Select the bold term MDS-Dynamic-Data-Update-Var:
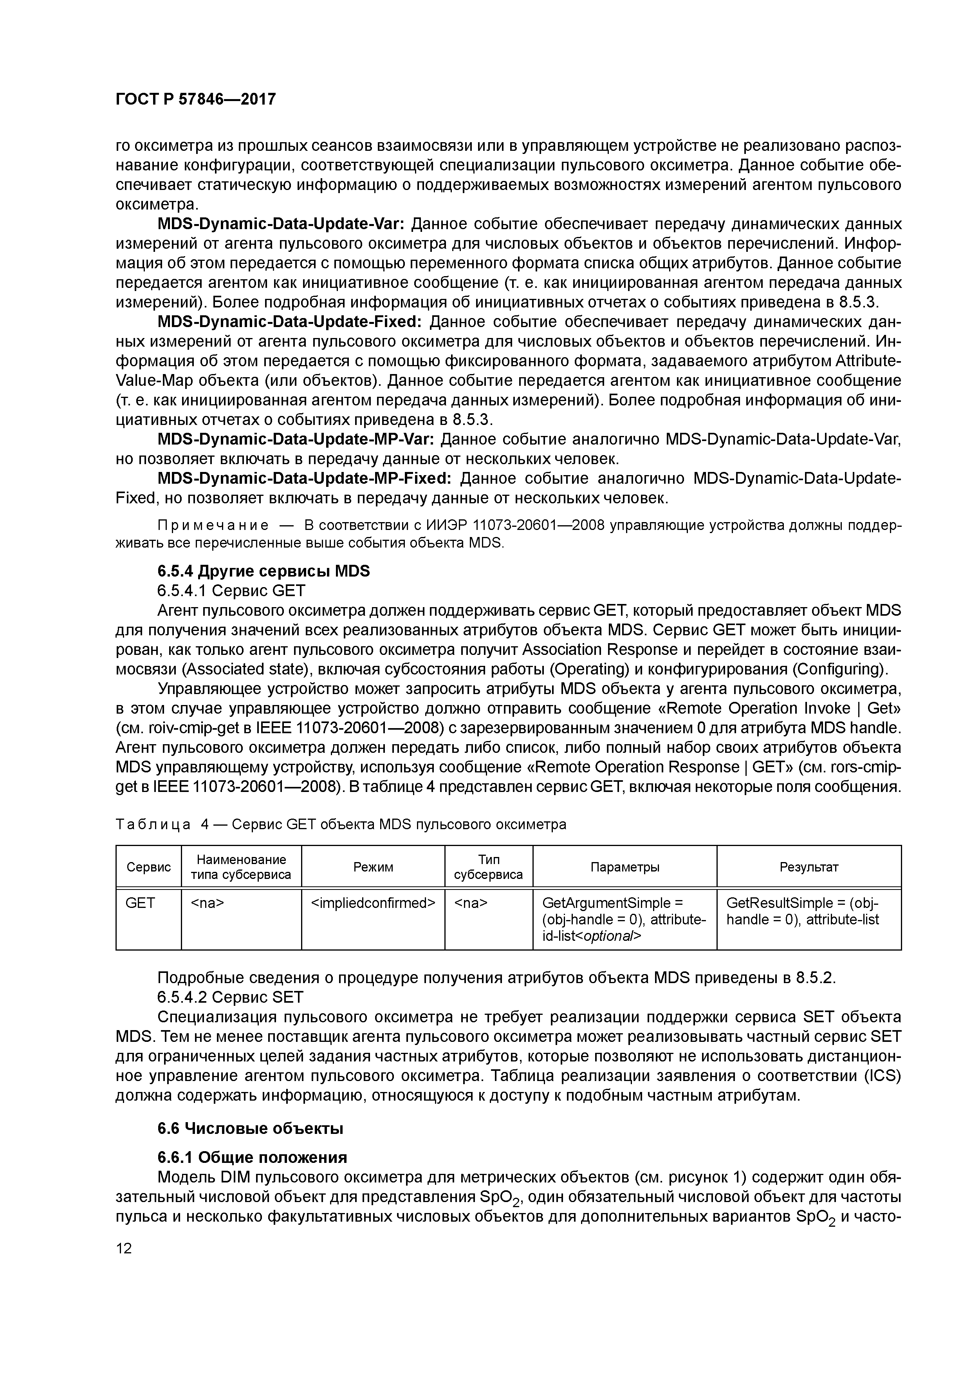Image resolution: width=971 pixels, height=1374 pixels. coord(281,224)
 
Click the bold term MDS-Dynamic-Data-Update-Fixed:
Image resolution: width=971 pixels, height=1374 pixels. coord(290,322)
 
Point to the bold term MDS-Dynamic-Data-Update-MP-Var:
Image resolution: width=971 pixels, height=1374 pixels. coord(295,439)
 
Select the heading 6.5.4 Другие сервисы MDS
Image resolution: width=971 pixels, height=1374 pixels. coord(263,571)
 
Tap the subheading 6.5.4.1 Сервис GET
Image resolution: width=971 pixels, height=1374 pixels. coord(231,591)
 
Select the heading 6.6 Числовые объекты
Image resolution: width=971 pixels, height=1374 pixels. coord(250,1129)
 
